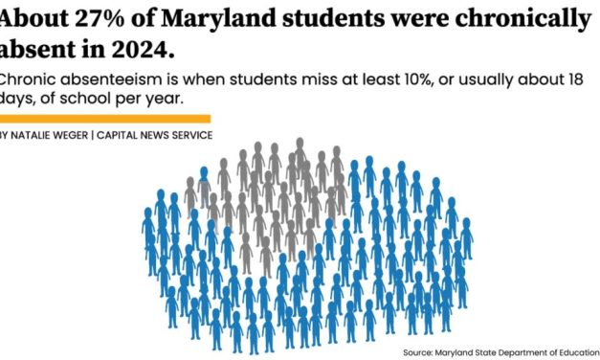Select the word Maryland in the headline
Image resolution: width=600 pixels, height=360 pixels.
pos(198,17)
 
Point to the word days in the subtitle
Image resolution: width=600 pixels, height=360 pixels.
pos(16,100)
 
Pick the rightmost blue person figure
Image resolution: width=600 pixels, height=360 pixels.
pos(466,238)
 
